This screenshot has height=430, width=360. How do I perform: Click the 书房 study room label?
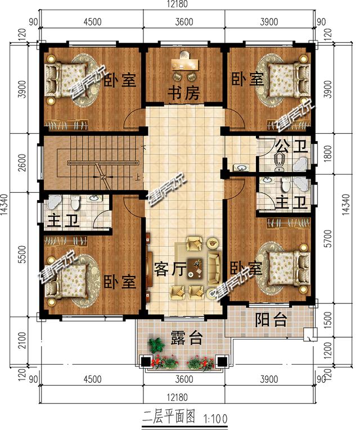click(x=183, y=93)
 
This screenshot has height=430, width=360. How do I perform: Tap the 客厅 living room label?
click(x=170, y=269)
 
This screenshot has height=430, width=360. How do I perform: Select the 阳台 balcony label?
click(x=271, y=319)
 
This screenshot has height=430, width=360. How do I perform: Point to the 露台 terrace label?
click(x=187, y=338)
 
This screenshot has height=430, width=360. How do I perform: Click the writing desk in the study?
click(x=185, y=64)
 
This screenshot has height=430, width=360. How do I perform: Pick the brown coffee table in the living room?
click(x=195, y=269)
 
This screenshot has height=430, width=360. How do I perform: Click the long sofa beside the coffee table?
click(x=214, y=268)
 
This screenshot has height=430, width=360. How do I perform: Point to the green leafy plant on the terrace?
click(x=156, y=344)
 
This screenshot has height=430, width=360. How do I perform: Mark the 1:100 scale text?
click(x=215, y=419)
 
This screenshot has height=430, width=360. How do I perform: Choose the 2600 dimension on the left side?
click(x=23, y=162)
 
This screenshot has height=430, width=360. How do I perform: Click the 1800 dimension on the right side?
click(x=328, y=153)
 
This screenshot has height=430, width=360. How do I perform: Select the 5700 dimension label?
click(x=328, y=238)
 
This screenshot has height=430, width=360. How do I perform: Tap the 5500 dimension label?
click(x=23, y=255)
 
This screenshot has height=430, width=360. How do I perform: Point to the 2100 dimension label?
click(x=23, y=340)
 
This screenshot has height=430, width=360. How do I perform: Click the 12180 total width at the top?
click(x=177, y=4)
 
